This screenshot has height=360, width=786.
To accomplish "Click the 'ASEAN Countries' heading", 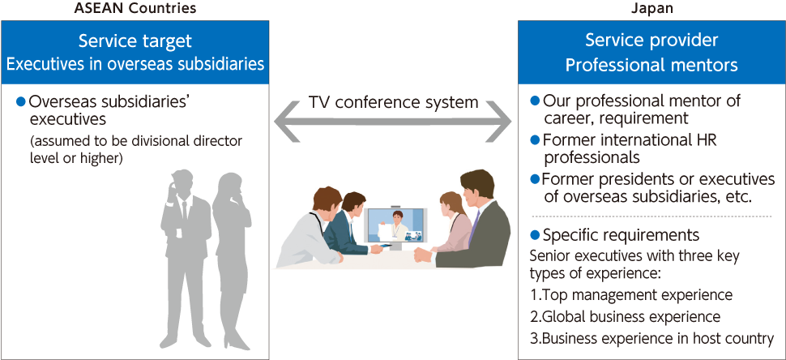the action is (x=135, y=8).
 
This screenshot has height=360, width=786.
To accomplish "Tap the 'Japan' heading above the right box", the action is (x=651, y=9).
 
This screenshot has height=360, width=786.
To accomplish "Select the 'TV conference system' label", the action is (x=393, y=103).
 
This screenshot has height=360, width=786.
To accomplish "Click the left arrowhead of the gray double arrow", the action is (x=290, y=121).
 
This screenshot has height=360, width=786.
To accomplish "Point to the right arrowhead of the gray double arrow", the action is (x=495, y=121).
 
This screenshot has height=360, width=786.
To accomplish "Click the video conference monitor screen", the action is (x=396, y=225).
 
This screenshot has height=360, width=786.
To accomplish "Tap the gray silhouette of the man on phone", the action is (x=185, y=258).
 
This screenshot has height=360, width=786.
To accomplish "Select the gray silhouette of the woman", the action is (x=231, y=261).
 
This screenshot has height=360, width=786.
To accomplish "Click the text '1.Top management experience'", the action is (x=631, y=294).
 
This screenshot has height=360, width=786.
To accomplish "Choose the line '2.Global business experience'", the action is (x=625, y=317).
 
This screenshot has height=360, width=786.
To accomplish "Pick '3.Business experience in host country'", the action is (x=651, y=339).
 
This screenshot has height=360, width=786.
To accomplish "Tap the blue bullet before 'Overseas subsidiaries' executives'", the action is (x=20, y=102).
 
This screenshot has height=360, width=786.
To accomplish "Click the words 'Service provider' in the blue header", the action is (x=651, y=40).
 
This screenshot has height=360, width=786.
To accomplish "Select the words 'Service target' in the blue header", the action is (x=135, y=41).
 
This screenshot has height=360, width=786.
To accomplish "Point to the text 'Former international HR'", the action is (x=630, y=140).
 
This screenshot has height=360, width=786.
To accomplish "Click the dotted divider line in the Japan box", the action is (x=651, y=216).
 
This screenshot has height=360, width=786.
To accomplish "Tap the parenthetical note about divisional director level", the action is (x=136, y=149).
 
